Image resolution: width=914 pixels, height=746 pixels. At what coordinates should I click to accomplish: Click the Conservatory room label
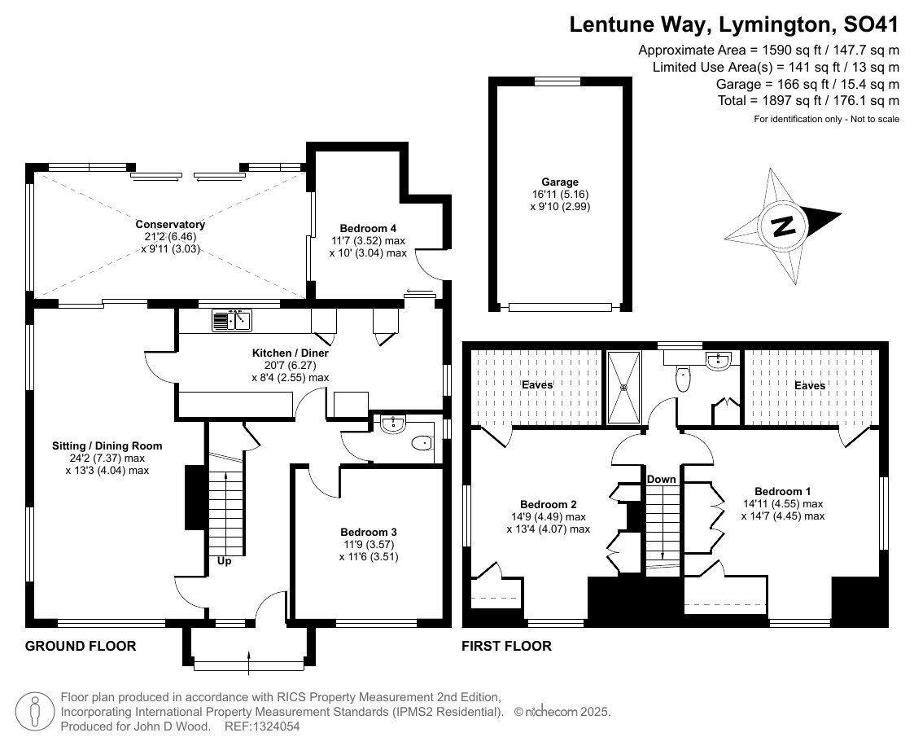(x=170, y=225)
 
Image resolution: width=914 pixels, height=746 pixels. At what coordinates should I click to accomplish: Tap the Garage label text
(x=560, y=182)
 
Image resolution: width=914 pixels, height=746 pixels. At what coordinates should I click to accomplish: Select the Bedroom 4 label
(x=368, y=228)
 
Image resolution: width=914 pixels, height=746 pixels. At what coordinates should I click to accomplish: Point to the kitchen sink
(x=231, y=320)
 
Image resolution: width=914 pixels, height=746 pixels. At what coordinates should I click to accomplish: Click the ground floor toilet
(x=423, y=444)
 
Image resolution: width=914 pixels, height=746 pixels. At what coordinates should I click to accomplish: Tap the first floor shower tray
(x=623, y=387)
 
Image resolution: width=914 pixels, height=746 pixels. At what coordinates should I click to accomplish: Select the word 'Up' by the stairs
(x=225, y=561)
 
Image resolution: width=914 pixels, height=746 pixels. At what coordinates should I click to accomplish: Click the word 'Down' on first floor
(x=661, y=480)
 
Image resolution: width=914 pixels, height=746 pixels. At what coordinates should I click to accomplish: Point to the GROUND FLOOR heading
(x=81, y=646)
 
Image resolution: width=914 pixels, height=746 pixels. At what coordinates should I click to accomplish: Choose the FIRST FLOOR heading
(x=506, y=646)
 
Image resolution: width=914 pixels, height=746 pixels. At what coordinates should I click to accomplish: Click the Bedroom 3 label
(x=369, y=532)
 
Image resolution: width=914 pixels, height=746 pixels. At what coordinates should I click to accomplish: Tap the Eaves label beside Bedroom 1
(x=810, y=385)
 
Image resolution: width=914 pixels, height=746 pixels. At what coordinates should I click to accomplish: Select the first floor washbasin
(x=718, y=361)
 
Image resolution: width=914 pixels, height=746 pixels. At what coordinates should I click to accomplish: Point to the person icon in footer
(x=34, y=712)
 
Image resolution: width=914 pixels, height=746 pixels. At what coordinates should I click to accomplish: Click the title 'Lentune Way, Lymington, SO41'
(x=734, y=24)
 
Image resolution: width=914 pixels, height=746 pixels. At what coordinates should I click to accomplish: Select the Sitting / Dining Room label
(x=107, y=446)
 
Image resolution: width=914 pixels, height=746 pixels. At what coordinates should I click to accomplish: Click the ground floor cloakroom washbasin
(x=393, y=424)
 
